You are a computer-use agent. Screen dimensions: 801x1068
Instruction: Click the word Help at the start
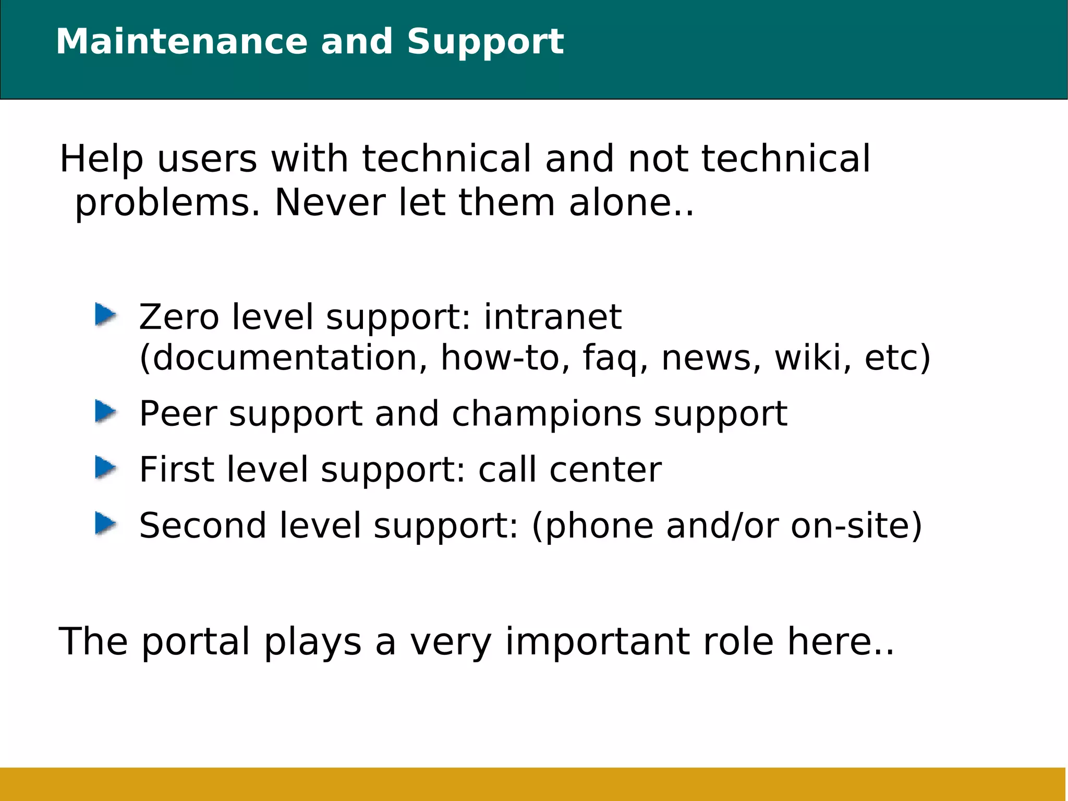(x=101, y=159)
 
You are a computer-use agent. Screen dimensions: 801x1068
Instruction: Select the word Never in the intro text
(x=330, y=202)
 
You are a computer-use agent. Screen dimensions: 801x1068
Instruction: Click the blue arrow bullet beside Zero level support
(x=105, y=315)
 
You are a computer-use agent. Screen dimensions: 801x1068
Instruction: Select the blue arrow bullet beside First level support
(x=105, y=468)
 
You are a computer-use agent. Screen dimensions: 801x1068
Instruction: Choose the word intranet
(x=552, y=317)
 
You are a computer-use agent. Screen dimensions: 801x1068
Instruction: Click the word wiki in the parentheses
(x=808, y=358)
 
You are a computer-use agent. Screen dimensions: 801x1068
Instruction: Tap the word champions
(x=547, y=414)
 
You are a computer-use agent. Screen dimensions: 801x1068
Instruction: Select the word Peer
(x=178, y=414)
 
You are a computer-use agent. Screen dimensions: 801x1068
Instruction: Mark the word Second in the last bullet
(x=203, y=525)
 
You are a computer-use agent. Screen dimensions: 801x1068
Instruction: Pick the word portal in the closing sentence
(x=196, y=642)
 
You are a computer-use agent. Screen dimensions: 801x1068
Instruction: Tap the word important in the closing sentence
(x=598, y=642)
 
